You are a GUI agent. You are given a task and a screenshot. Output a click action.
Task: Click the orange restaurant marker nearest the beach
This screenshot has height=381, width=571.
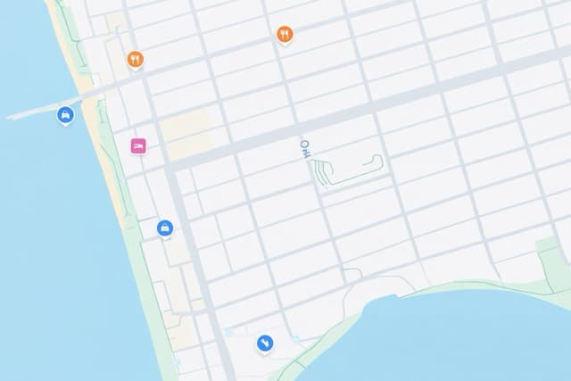[x=135, y=59]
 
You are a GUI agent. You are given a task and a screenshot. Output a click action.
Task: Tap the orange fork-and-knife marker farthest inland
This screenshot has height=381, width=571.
[x=285, y=34]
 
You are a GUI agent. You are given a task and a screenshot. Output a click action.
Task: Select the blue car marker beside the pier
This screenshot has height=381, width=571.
[x=65, y=114]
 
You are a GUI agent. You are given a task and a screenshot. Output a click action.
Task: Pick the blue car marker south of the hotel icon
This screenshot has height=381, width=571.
[x=165, y=228]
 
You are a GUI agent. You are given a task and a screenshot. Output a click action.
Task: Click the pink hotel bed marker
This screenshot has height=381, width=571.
[x=138, y=145]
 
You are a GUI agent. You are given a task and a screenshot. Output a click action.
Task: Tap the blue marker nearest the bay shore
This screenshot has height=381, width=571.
[x=265, y=343]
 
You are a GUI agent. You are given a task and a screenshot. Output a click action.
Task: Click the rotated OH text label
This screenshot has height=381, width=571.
[x=305, y=149]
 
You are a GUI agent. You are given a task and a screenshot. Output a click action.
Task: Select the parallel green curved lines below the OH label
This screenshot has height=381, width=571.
[x=322, y=172]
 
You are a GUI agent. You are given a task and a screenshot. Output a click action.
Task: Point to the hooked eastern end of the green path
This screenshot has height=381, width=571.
[x=379, y=161]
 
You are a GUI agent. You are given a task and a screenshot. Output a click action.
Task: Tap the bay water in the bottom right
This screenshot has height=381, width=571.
[x=464, y=339]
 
